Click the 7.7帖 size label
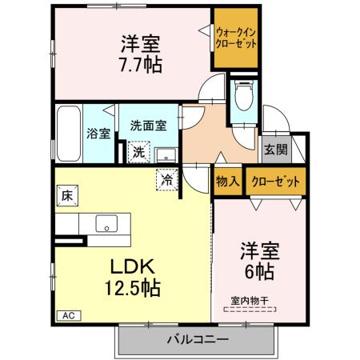[x=142, y=64]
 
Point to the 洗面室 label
[x=148, y=125]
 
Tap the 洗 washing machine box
[x=138, y=151]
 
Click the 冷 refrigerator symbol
[x=167, y=181]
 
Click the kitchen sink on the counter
[x=106, y=222]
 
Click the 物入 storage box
[x=228, y=181]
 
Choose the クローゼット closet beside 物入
[x=275, y=181]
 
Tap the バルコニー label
[x=197, y=341]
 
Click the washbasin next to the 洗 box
[x=166, y=153]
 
